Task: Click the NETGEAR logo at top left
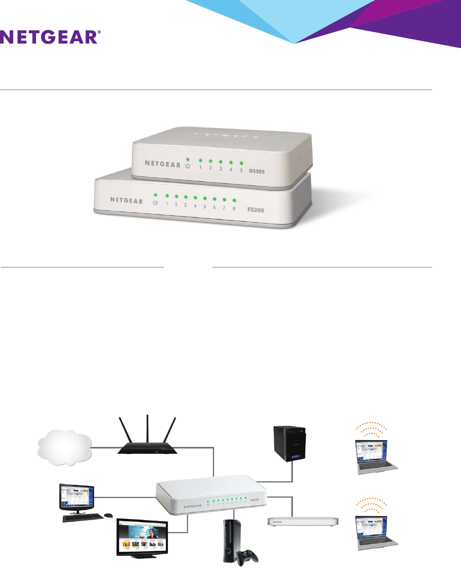coord(50,37)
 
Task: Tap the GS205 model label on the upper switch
coord(257,171)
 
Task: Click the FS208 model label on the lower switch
coord(255,210)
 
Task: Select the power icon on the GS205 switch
coord(188,165)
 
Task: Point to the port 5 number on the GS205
coord(241,170)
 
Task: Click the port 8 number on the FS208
coord(234,209)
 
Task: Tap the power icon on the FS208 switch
coord(155,203)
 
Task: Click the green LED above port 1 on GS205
coord(200,160)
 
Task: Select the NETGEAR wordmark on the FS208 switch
coord(126,200)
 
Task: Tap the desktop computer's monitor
coord(77,497)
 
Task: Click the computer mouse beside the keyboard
coord(108,516)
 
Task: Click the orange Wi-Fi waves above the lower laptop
coord(371,506)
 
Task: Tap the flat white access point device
coord(303,522)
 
